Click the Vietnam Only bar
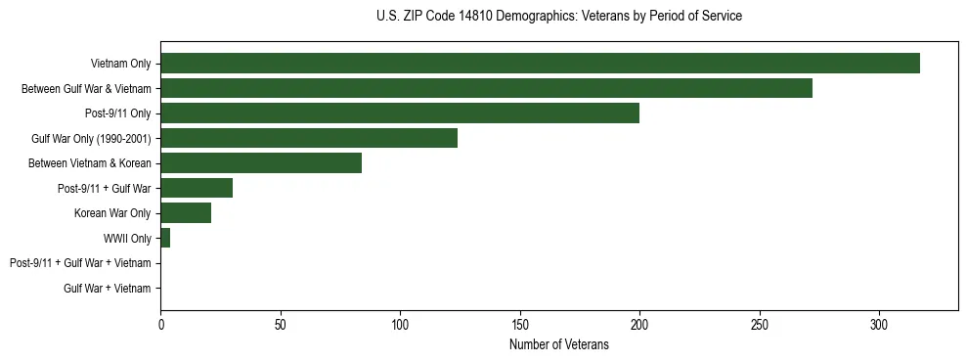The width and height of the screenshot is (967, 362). point(540,64)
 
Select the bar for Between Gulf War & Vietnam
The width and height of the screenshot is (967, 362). point(486,88)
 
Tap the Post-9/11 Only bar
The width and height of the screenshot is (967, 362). point(400,113)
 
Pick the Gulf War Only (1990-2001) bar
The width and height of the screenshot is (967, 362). point(309,138)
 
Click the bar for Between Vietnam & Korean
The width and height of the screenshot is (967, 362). point(261,163)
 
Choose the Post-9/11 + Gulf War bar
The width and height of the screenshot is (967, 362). point(197,188)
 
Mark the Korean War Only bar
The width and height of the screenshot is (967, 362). point(186,213)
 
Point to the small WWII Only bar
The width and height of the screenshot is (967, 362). point(165,238)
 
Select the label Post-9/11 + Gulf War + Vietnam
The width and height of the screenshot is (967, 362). point(80,263)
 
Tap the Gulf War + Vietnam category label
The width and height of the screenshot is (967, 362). point(108,288)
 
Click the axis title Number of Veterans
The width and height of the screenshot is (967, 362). point(559,345)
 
